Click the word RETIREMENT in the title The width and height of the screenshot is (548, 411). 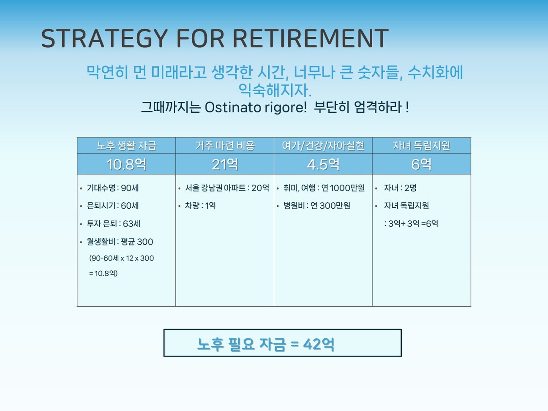tap(311, 38)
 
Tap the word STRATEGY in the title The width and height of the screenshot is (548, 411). tap(104, 38)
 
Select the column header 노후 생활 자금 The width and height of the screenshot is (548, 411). tap(126, 145)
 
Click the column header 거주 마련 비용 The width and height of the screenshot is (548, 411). tap(225, 145)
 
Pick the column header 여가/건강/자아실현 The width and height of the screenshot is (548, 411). tap(323, 145)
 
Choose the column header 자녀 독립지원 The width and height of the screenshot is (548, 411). tap(421, 145)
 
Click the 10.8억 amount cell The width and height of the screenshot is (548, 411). tap(126, 164)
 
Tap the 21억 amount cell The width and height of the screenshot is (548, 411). tap(225, 164)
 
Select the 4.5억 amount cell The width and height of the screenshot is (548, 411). tap(323, 164)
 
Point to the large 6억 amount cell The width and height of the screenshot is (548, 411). tap(421, 164)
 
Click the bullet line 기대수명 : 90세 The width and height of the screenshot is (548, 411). tap(112, 188)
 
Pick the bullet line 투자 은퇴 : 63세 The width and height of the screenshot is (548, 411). tap(113, 223)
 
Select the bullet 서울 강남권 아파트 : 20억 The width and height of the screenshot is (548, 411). tap(227, 188)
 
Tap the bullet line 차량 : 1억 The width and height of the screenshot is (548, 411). tap(200, 206)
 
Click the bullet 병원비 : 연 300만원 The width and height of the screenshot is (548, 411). tap(316, 206)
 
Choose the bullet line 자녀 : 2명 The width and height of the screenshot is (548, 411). tap(400, 188)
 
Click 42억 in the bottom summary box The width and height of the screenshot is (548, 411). tap(319, 344)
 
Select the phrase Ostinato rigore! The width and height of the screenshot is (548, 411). tap(255, 108)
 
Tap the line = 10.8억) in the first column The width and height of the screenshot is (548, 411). tap(103, 273)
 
